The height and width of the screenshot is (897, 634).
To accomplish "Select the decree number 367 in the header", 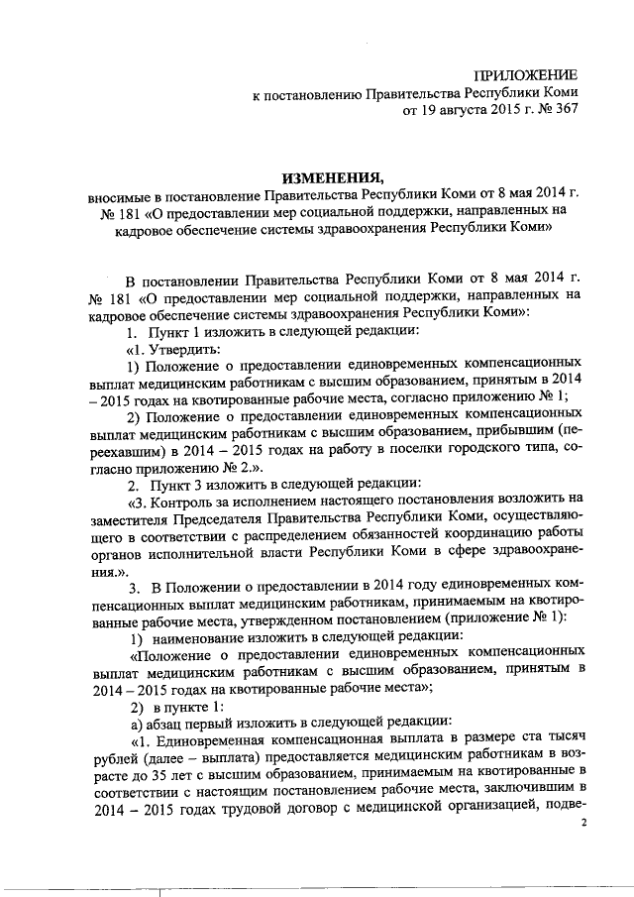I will (x=564, y=114).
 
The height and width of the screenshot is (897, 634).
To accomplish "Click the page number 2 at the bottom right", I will (x=583, y=824).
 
